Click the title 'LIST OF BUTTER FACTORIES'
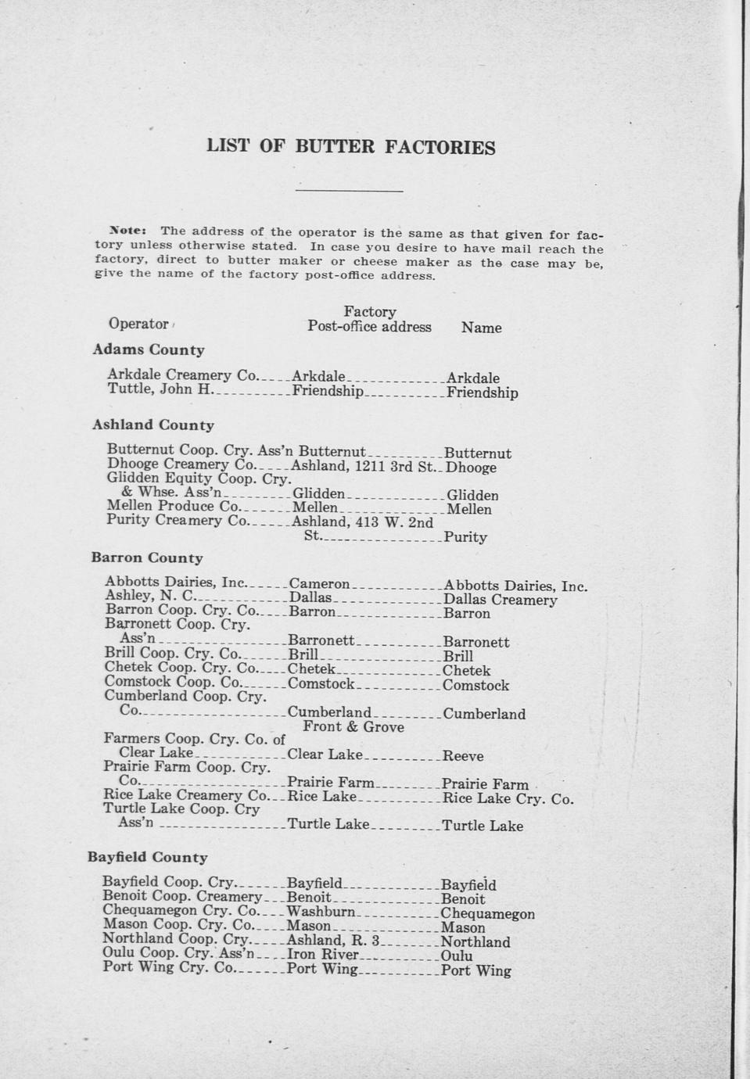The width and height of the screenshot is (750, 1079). coord(350,147)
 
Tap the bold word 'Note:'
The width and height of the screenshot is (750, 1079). coord(128,231)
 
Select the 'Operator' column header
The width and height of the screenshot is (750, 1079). coord(138,324)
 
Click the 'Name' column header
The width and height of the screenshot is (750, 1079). coord(481,328)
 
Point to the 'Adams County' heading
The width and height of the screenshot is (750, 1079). coord(149,350)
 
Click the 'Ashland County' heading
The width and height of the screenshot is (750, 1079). coord(153,425)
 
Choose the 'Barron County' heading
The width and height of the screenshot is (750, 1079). coord(147,558)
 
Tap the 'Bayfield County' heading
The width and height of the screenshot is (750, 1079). coord(148,857)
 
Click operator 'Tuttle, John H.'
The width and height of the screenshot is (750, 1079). coord(160,389)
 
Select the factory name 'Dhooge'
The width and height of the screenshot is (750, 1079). coord(471,468)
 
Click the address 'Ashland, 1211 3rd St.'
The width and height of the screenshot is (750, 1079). coord(363,467)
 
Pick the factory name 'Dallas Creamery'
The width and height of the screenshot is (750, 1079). coord(500,600)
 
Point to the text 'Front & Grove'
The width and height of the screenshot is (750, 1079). coord(353,727)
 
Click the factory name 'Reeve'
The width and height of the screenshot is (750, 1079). coord(463,756)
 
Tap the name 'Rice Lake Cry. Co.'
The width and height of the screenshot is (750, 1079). coord(508,798)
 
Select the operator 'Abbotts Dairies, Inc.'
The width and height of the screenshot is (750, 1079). coord(176,583)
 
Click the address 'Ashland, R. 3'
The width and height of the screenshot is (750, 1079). coord(333,940)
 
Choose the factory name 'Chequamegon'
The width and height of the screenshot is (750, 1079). coord(488,913)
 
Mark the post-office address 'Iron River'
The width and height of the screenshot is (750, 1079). coord(323,954)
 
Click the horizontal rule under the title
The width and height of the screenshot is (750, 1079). coord(350,190)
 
